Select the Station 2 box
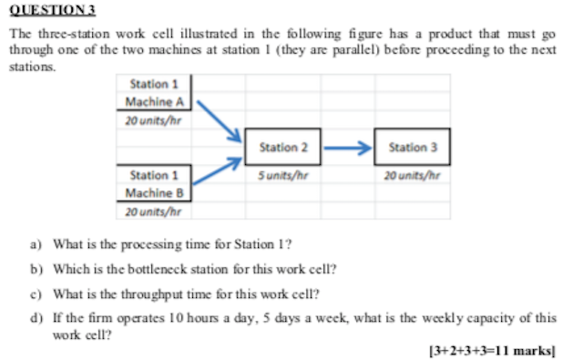coord(283,147)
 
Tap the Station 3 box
coord(414,147)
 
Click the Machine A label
coord(154,101)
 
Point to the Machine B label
coord(154,192)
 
